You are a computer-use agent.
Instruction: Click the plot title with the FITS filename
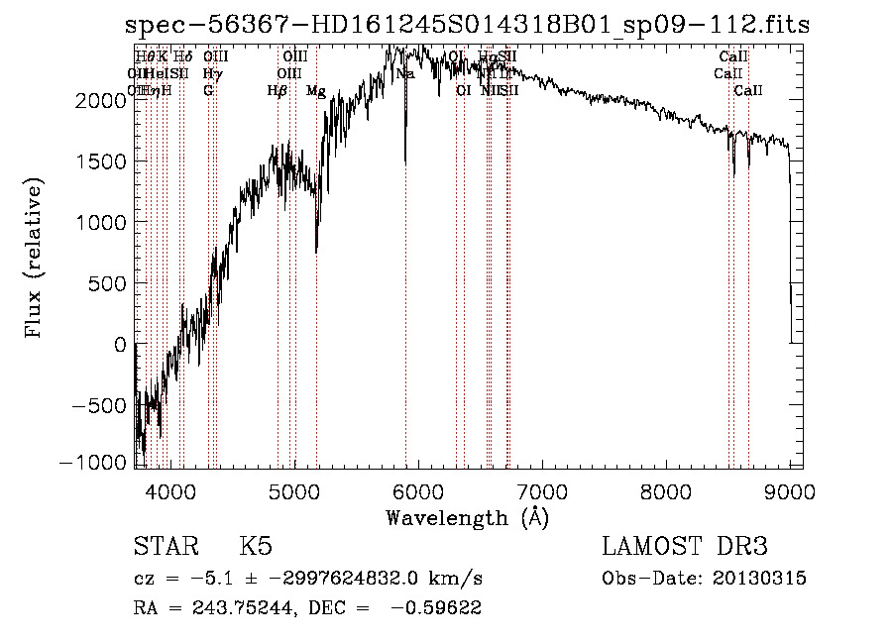[467, 25]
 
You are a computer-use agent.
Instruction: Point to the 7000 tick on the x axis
[542, 489]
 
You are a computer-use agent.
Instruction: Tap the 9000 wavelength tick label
[790, 489]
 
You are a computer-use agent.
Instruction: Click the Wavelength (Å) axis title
[467, 517]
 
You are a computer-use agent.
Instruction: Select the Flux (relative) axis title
[35, 258]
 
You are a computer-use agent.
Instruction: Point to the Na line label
[405, 74]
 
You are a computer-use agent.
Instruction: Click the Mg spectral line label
[316, 91]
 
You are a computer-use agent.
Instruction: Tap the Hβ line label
[278, 91]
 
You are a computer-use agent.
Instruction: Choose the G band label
[208, 91]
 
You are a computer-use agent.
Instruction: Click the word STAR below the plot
[164, 547]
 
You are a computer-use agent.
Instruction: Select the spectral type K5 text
[256, 547]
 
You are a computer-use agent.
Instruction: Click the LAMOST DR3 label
[684, 547]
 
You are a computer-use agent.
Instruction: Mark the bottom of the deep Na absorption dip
[405, 161]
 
